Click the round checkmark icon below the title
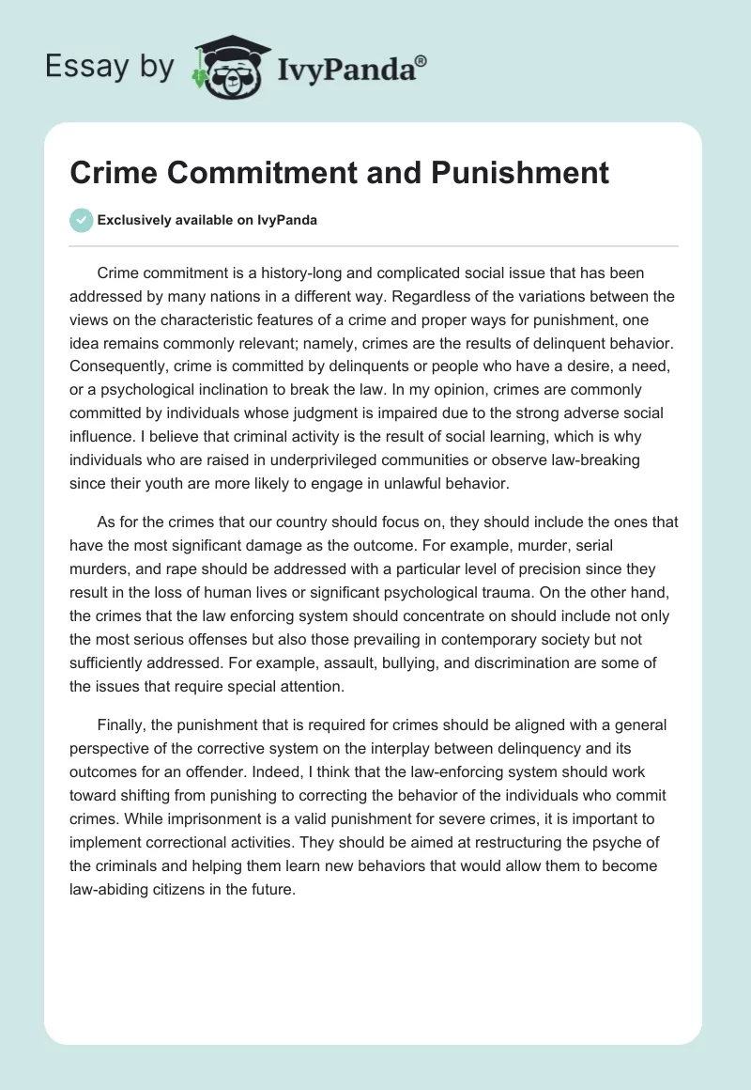(82, 220)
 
